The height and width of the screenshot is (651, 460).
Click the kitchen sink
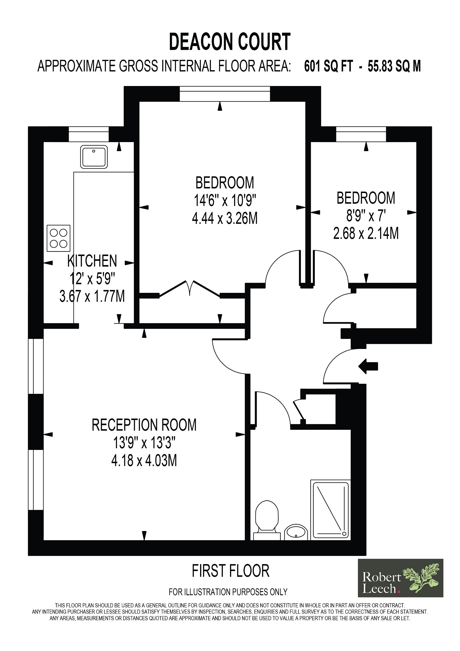click(94, 157)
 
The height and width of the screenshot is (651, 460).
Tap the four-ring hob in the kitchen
click(58, 238)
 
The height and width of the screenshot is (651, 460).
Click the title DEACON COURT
click(230, 42)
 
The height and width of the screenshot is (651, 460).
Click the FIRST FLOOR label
click(231, 571)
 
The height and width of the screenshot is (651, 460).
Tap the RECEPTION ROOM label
click(144, 425)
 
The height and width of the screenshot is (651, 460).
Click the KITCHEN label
click(92, 261)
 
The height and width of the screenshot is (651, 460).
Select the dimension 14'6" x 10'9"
click(225, 200)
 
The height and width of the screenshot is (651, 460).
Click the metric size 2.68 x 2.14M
click(366, 233)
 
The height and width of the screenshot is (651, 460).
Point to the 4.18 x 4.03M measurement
click(144, 460)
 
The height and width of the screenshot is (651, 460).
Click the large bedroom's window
click(225, 94)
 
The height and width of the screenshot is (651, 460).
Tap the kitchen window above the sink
click(89, 134)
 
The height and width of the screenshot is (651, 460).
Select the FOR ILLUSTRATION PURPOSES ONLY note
click(228, 592)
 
